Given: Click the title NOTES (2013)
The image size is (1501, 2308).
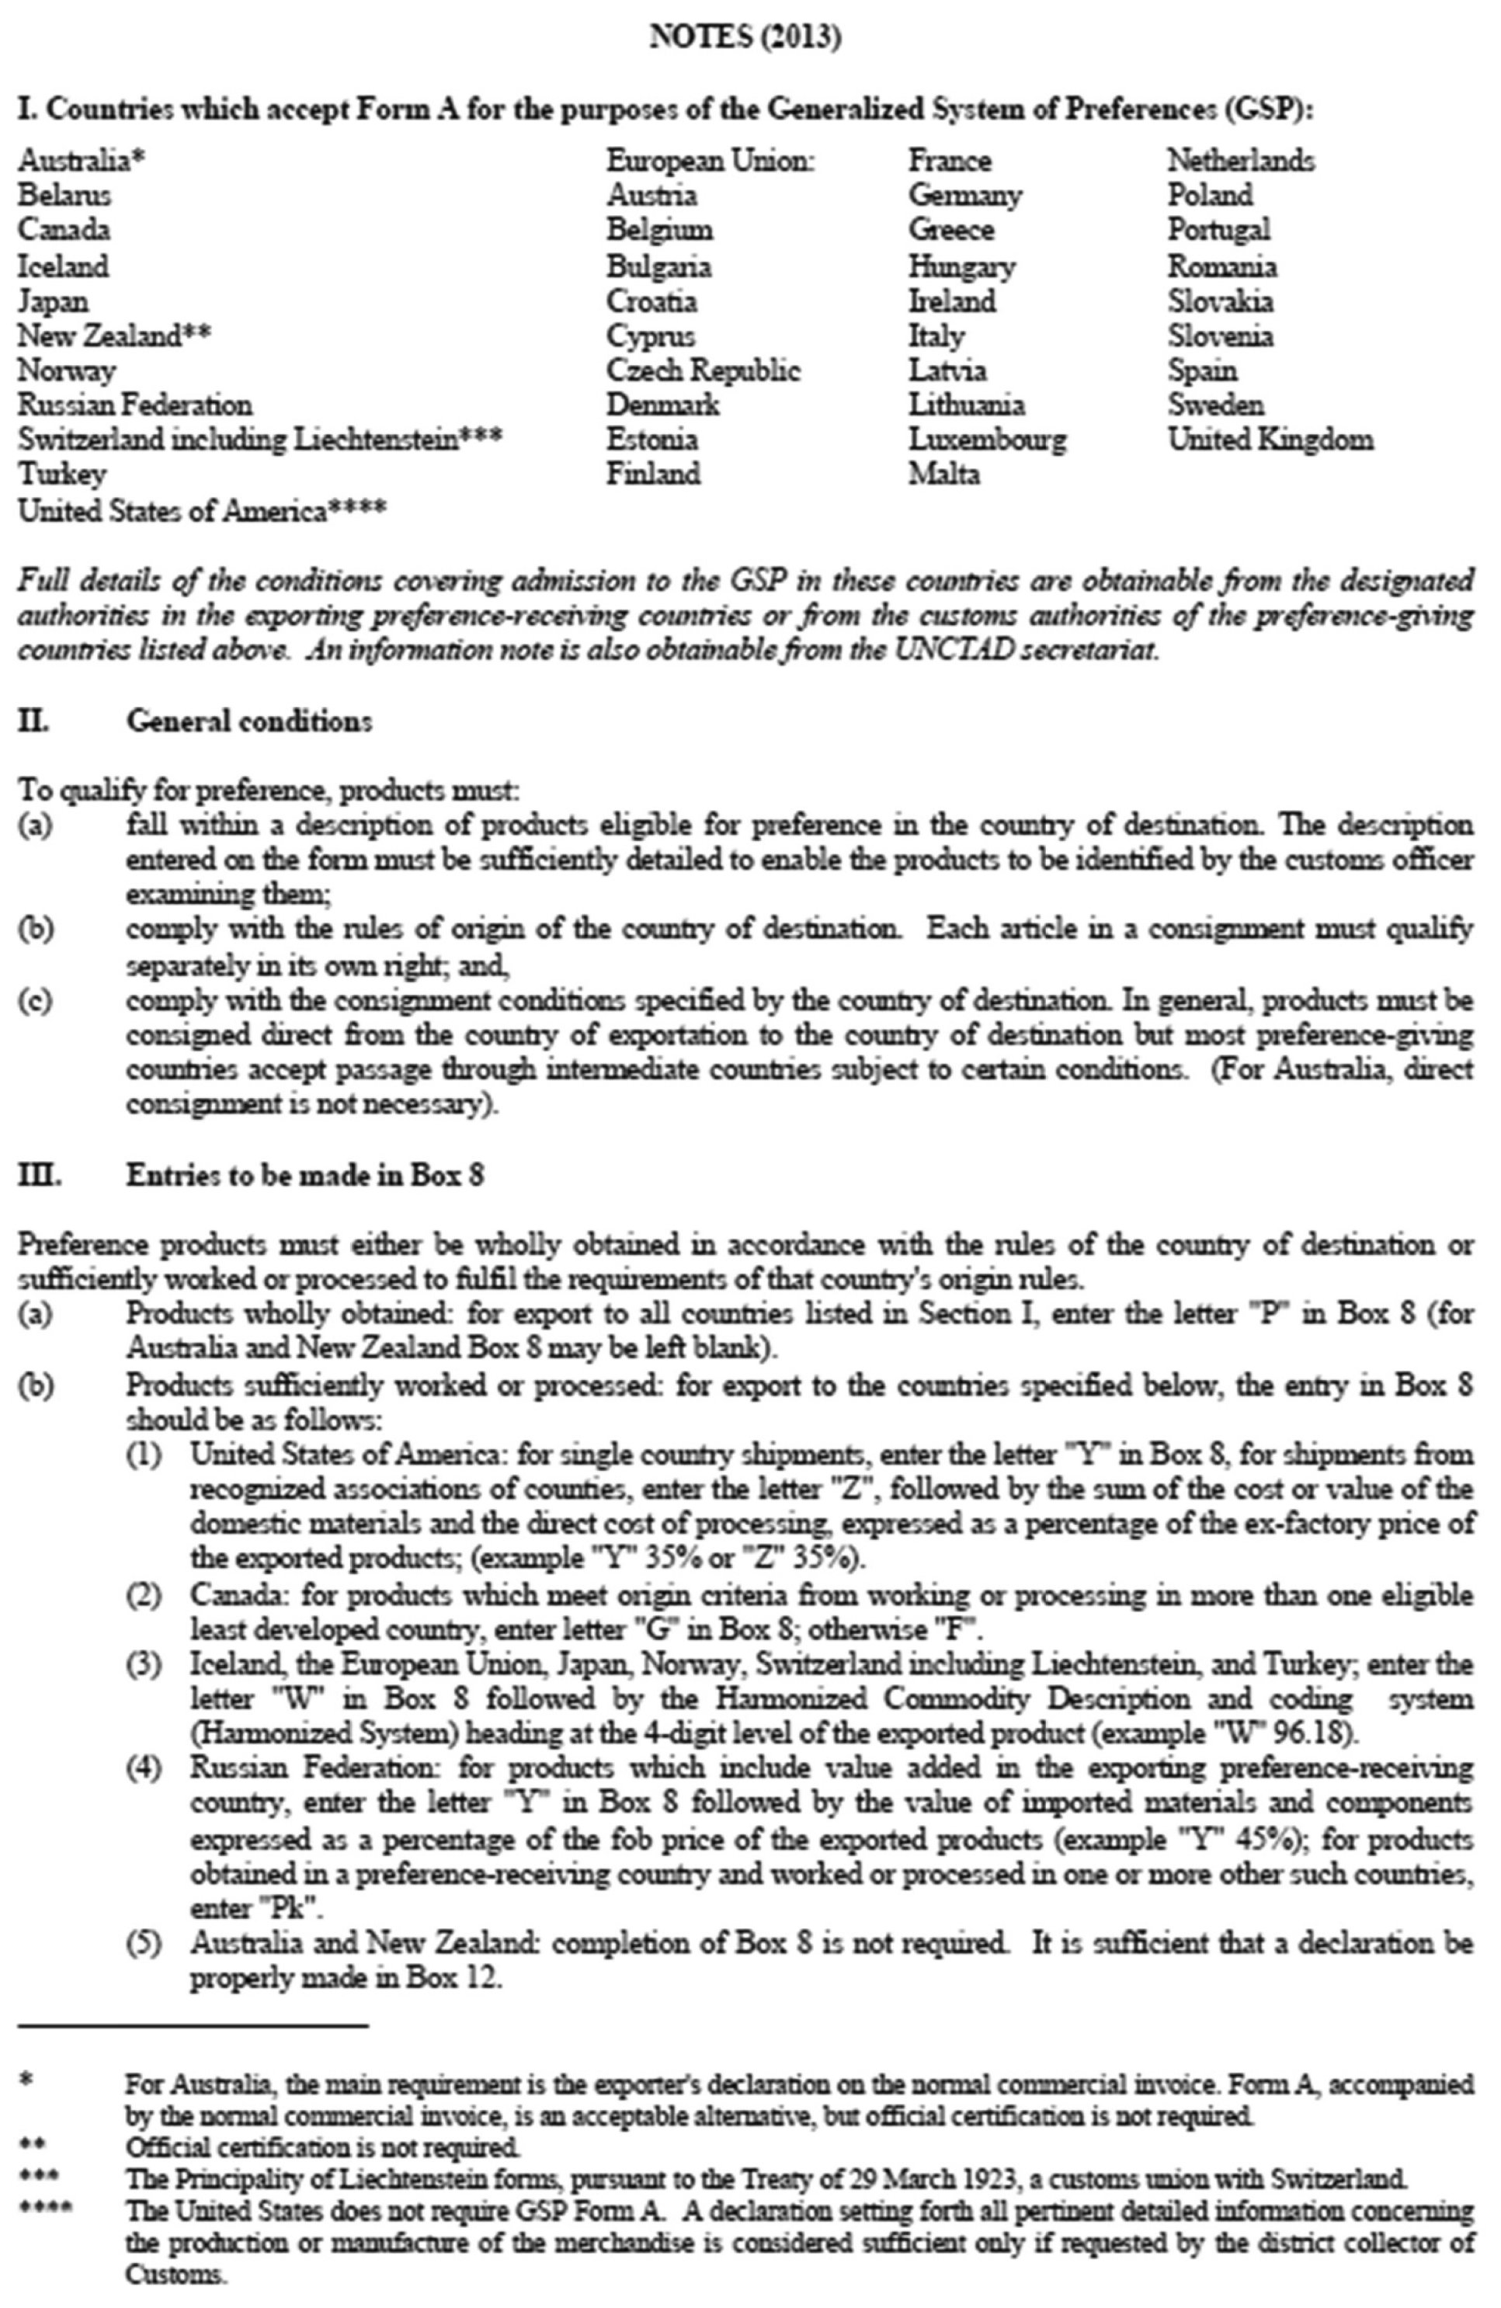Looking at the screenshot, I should [x=745, y=38].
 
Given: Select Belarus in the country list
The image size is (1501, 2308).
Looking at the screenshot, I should [x=64, y=195].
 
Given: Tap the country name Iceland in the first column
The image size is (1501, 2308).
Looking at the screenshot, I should [x=63, y=266].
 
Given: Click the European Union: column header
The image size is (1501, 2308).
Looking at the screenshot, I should [x=710, y=160].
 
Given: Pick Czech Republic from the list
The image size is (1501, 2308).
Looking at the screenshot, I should [x=703, y=370].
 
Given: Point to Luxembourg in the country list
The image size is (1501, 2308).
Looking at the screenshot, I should [x=986, y=440].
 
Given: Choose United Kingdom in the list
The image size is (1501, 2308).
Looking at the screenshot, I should [x=1270, y=440].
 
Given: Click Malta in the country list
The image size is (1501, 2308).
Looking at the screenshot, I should [x=943, y=475].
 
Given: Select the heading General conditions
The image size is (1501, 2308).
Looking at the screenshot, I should [x=248, y=721].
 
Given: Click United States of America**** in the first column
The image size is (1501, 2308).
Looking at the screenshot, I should [x=202, y=510].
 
